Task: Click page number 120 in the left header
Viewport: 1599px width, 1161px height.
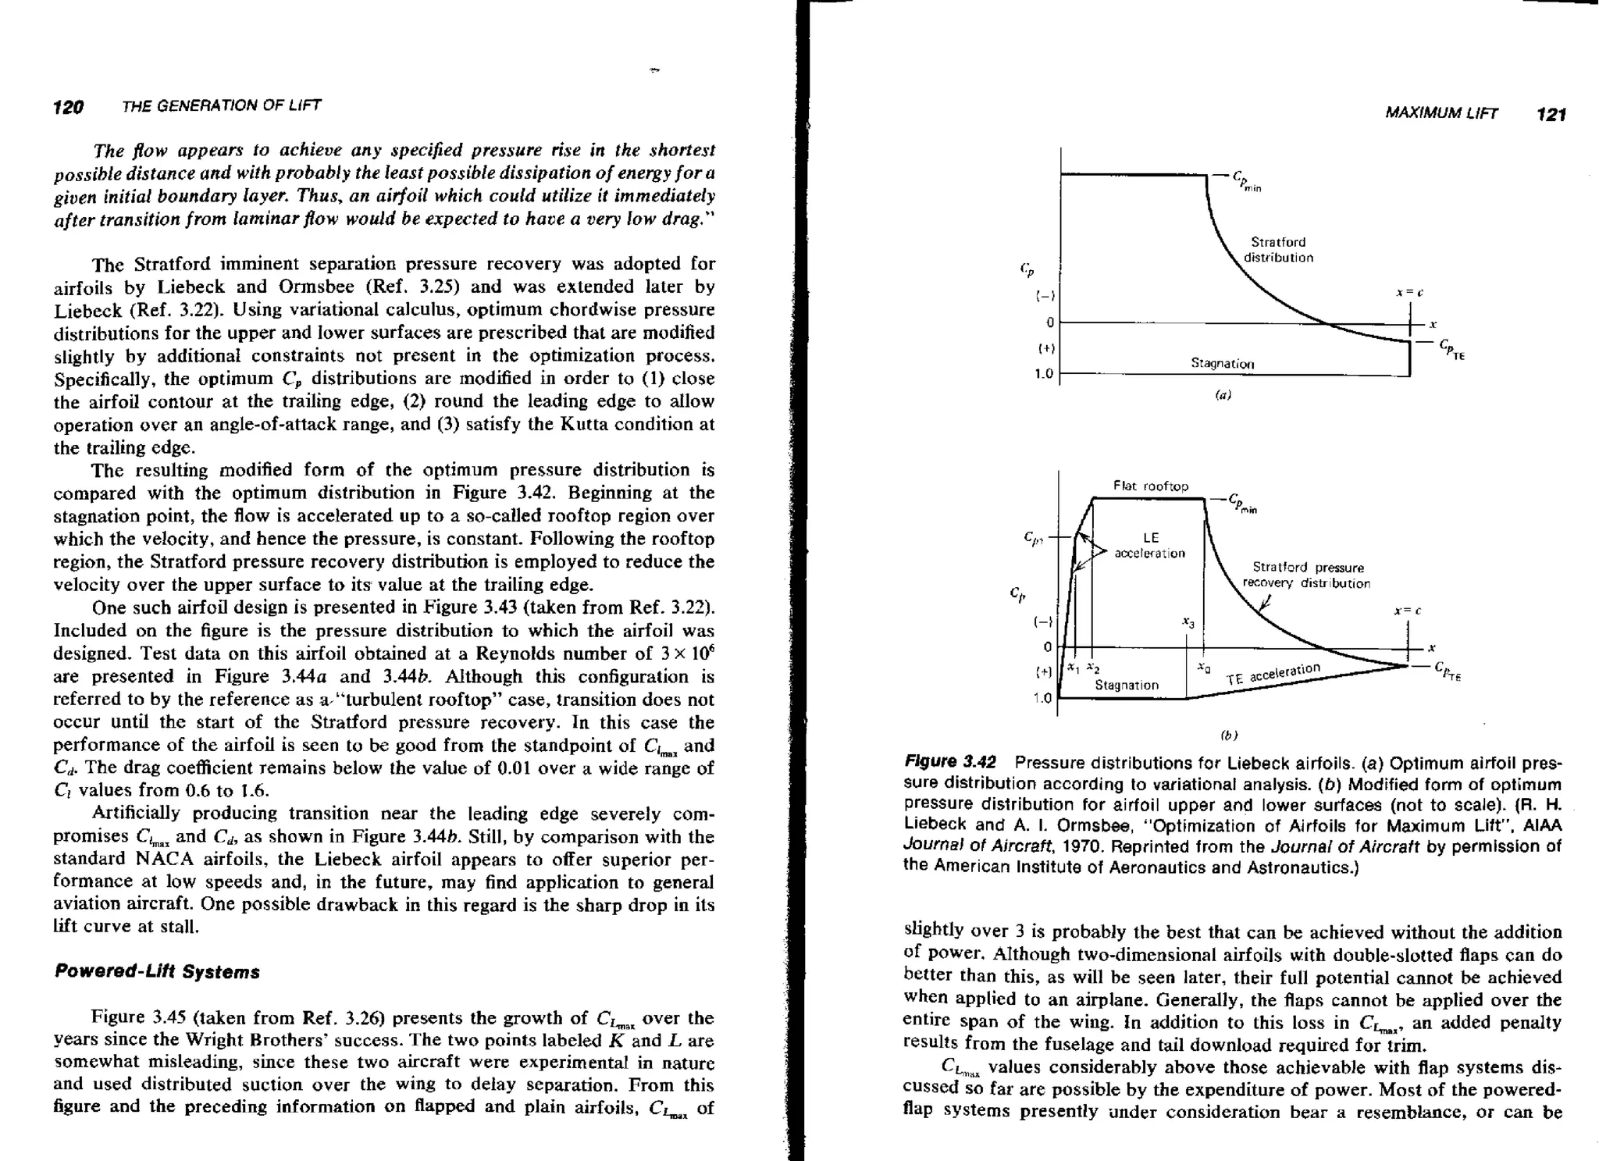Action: pyautogui.click(x=68, y=107)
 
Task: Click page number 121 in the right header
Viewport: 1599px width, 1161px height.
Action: pyautogui.click(x=1551, y=115)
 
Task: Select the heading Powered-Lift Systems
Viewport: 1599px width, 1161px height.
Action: pyautogui.click(x=157, y=972)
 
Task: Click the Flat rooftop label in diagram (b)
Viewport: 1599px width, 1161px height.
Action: pyautogui.click(x=1151, y=486)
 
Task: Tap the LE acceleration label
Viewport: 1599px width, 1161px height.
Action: pyautogui.click(x=1150, y=546)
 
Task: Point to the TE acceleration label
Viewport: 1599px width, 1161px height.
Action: pyautogui.click(x=1273, y=673)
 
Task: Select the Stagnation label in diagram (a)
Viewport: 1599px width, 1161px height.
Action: pyautogui.click(x=1222, y=363)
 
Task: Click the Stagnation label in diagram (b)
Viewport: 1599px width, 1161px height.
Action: pyautogui.click(x=1127, y=685)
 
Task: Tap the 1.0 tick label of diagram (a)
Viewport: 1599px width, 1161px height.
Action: pyautogui.click(x=1044, y=374)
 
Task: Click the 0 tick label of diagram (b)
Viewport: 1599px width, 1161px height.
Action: pyautogui.click(x=1048, y=646)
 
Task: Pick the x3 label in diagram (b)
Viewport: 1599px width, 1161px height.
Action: pyautogui.click(x=1188, y=622)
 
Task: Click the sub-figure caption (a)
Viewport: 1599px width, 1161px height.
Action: pyautogui.click(x=1223, y=395)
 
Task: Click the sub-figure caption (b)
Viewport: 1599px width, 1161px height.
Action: pyautogui.click(x=1229, y=735)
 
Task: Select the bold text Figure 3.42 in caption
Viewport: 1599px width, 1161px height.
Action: pyautogui.click(x=950, y=762)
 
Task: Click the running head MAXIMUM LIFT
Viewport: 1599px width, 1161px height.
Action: pyautogui.click(x=1441, y=114)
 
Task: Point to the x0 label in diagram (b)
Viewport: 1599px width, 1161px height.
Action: pyautogui.click(x=1205, y=668)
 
